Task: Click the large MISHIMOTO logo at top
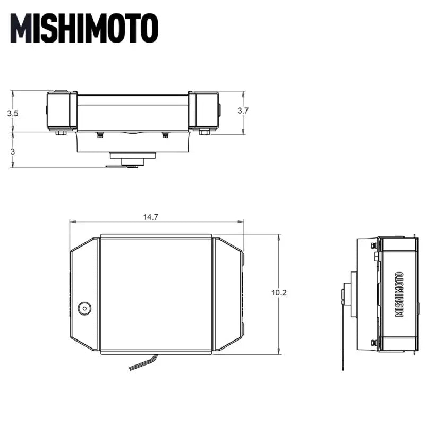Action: coord(84,27)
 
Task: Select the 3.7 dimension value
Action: coord(243,110)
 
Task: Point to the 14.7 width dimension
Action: coord(150,217)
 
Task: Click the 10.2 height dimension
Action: coord(279,293)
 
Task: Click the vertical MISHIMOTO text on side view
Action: coord(399,294)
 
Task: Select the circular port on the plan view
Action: coord(84,308)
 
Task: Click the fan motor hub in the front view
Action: coord(133,158)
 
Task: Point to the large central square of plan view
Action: coord(156,294)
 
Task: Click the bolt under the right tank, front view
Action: coord(203,131)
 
